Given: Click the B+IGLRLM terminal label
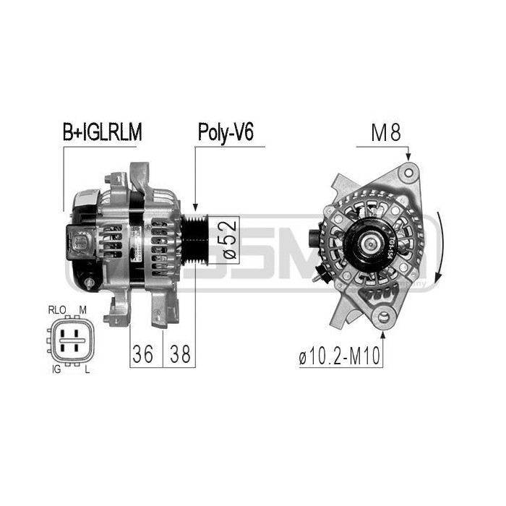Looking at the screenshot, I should tap(102, 133).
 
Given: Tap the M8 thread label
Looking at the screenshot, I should tap(385, 133).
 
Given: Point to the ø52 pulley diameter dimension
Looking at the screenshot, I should tap(226, 240).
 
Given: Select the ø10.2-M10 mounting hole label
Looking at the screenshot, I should tap(340, 356).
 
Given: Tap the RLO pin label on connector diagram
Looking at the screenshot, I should tap(57, 309).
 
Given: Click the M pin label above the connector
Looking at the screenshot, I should tap(83, 309).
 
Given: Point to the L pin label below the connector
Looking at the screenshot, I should tap(86, 369).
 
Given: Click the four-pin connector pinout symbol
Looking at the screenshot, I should tap(69, 338).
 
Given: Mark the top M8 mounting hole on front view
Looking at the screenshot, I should tap(410, 171).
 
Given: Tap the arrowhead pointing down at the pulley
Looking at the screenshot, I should tap(194, 207).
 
